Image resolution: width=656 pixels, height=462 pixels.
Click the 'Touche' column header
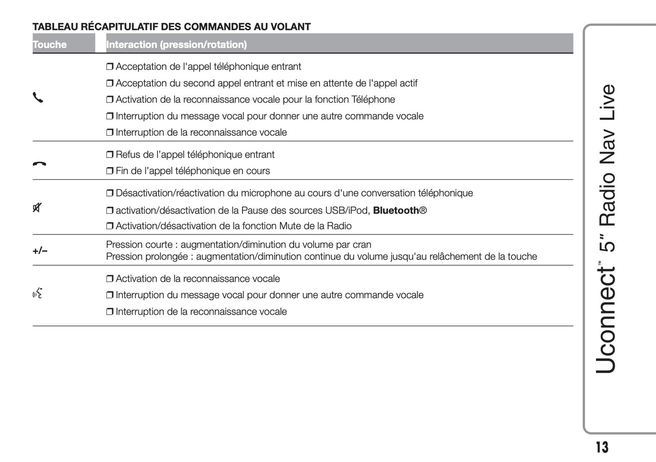(x=49, y=44)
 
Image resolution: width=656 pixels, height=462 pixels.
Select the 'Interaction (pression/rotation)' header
(x=176, y=44)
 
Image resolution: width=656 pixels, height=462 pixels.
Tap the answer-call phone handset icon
(x=38, y=98)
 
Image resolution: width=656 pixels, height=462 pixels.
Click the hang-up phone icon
(x=39, y=164)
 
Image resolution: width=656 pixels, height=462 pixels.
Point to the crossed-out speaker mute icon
(x=37, y=208)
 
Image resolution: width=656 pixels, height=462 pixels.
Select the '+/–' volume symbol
(x=40, y=251)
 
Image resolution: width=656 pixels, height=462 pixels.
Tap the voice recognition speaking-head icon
(x=38, y=294)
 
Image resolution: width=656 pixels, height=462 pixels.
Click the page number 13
(x=602, y=447)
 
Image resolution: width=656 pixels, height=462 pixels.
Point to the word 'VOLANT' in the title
(x=291, y=27)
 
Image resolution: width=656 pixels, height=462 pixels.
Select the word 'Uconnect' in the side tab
(x=607, y=320)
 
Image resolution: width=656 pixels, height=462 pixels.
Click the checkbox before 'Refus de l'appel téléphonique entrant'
(x=109, y=155)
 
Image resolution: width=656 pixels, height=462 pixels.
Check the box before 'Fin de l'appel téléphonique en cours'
(x=109, y=171)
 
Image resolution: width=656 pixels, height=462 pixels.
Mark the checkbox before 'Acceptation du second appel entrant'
(x=109, y=84)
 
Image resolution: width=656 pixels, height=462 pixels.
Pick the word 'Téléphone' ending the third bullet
(x=373, y=99)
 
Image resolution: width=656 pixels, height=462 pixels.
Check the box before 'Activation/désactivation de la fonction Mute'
(x=109, y=226)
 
